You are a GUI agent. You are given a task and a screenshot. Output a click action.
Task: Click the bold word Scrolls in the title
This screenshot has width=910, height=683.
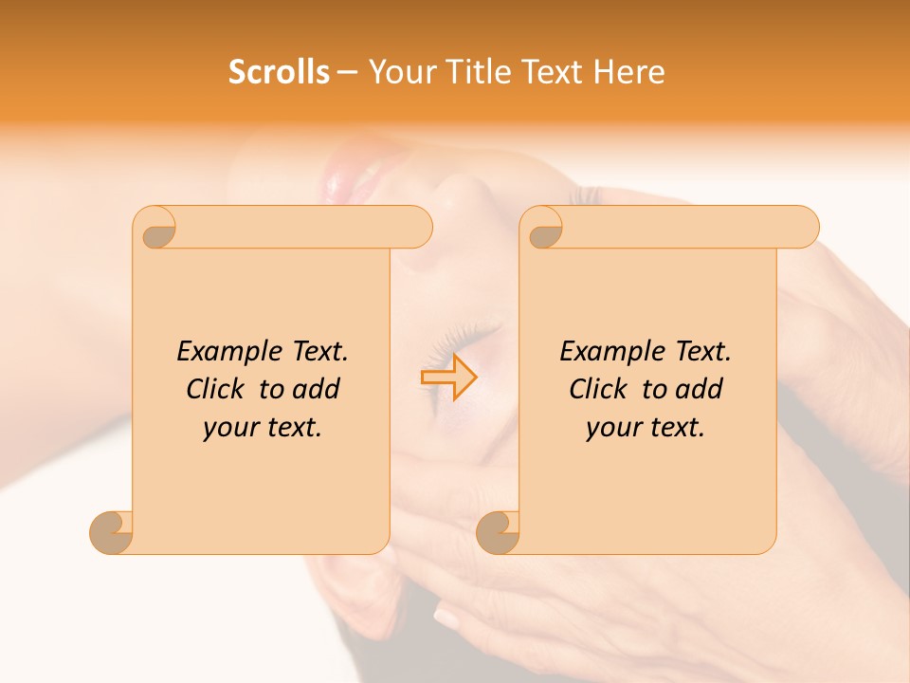coord(279,72)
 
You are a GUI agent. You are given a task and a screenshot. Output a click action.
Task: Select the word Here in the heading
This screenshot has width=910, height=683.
coord(628,72)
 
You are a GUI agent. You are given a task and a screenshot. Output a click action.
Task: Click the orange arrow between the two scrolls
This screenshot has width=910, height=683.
coord(449,378)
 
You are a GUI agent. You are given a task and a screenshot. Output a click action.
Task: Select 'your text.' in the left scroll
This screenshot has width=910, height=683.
coord(263,428)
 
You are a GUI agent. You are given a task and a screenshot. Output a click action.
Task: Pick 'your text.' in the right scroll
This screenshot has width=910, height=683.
coord(646,428)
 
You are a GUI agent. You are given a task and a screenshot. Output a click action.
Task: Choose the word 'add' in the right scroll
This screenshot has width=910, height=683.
coord(701,389)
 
